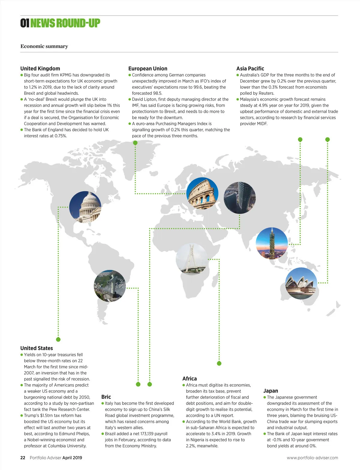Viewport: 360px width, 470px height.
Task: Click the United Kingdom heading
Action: (x=40, y=68)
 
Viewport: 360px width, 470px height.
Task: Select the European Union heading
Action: (x=148, y=68)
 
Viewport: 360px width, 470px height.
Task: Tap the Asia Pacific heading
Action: (x=250, y=68)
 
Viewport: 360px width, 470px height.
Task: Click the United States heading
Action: (x=37, y=348)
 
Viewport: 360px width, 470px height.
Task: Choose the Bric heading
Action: (x=106, y=397)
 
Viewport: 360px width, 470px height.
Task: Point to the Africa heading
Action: (x=190, y=379)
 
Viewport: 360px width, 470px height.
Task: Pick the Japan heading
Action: (x=271, y=391)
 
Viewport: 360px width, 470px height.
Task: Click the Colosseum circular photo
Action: (x=202, y=193)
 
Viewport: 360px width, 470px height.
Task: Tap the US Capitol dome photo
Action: (x=85, y=207)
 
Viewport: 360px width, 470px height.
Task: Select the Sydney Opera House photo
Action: (x=301, y=283)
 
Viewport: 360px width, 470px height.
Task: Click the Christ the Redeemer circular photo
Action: (x=110, y=286)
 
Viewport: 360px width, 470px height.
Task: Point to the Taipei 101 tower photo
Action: (x=271, y=243)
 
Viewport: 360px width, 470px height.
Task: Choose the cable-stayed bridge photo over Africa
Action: (x=192, y=259)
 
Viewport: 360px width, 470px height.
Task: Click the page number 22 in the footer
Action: (x=23, y=458)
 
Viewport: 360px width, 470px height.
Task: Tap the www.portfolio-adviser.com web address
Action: (x=312, y=458)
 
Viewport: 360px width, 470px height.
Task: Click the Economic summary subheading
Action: (x=44, y=46)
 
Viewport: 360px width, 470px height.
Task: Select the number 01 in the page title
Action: (x=25, y=23)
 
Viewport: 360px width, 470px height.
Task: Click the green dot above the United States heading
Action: (x=58, y=340)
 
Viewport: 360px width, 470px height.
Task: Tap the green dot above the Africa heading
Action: (x=219, y=364)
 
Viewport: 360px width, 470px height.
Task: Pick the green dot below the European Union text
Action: (x=135, y=143)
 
